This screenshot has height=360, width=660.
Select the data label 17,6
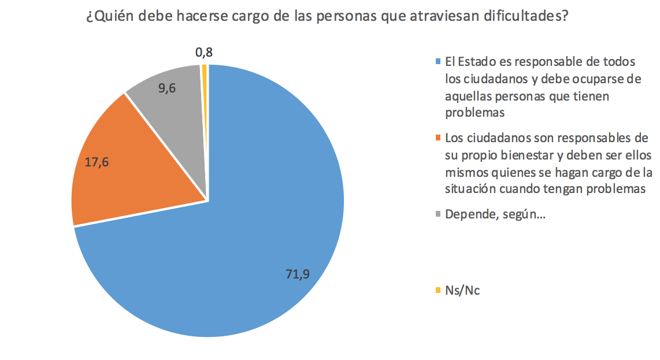tap(97, 162)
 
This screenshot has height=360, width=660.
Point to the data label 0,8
tap(204, 53)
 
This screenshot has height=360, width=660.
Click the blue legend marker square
tap(439, 62)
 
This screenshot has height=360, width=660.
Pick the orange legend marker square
tap(439, 138)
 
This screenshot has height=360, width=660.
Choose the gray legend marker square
tap(439, 214)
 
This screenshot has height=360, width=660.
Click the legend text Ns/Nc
tap(462, 290)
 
